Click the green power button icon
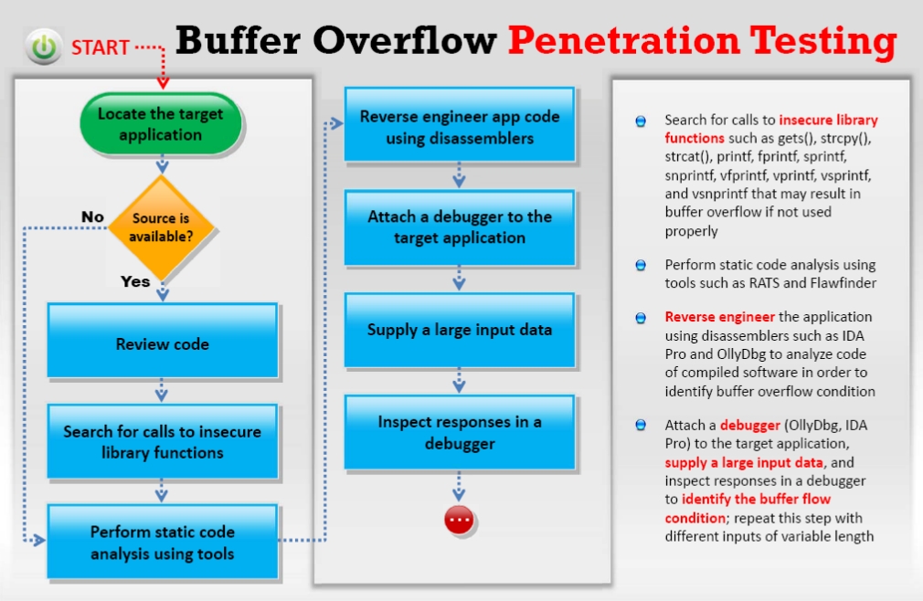click(42, 47)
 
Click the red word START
click(100, 47)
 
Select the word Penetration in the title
click(623, 40)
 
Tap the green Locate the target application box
click(161, 124)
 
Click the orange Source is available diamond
click(161, 227)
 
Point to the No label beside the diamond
click(92, 216)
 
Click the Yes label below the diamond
click(135, 281)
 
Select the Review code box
click(162, 344)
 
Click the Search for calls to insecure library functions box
click(162, 442)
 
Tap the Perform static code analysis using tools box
click(162, 543)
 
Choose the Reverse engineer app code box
click(459, 127)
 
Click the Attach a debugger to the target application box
click(459, 227)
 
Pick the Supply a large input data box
click(459, 330)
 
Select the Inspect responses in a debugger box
click(459, 432)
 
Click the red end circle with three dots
click(459, 520)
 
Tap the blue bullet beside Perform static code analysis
click(641, 265)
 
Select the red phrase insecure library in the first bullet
click(828, 120)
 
